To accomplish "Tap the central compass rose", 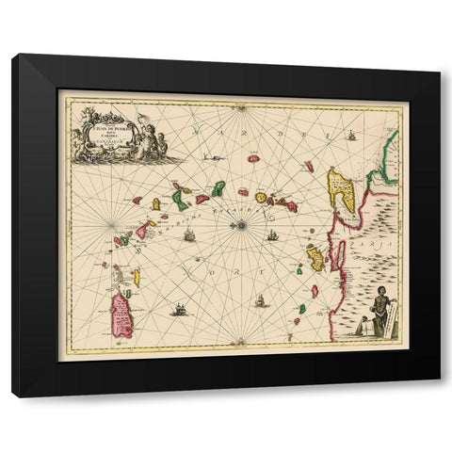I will [x=243, y=224].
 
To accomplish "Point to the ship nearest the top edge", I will [x=351, y=137].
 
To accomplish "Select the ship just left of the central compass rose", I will [x=189, y=234].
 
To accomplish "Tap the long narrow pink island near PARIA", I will [x=334, y=254].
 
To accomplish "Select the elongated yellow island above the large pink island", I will [x=137, y=277].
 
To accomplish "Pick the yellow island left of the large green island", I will [x=156, y=203].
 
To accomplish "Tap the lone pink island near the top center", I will [x=253, y=159].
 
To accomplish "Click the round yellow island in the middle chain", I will [x=261, y=198].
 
